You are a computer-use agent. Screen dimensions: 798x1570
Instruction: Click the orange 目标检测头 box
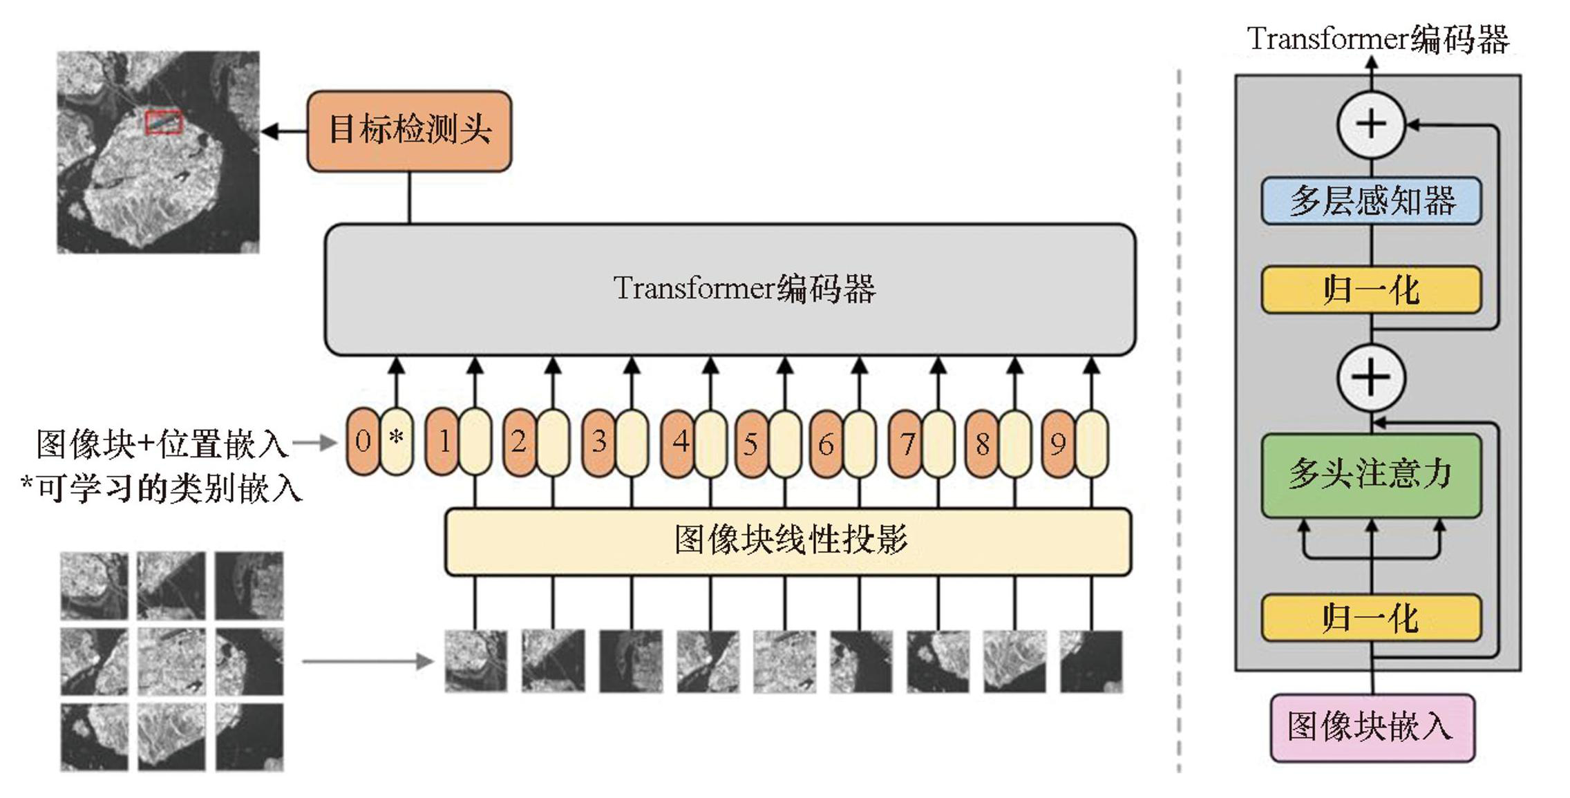point(409,131)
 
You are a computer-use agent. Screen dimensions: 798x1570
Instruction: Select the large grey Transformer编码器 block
point(730,289)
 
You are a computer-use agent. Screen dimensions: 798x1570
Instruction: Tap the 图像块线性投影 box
point(788,541)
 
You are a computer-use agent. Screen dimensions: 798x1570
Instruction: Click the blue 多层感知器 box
point(1371,201)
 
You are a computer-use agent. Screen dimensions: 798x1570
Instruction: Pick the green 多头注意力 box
point(1371,475)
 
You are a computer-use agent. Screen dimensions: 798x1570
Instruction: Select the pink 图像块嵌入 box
point(1371,728)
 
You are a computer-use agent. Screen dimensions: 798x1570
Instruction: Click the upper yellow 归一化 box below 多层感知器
point(1371,289)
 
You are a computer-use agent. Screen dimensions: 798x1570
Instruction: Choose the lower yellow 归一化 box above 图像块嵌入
point(1371,617)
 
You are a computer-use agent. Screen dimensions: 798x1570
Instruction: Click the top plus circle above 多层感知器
point(1371,125)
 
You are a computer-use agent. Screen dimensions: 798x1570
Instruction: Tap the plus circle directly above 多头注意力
point(1371,377)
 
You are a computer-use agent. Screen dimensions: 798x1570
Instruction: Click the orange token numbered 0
point(363,441)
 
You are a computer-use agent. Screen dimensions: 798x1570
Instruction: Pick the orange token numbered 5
point(751,444)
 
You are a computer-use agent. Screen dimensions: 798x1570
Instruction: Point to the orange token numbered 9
point(1058,444)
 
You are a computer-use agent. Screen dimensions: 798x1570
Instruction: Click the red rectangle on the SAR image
point(164,122)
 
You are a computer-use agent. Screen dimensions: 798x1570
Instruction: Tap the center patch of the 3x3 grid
point(171,661)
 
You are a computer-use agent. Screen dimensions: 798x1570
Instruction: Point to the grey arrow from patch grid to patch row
point(367,661)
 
